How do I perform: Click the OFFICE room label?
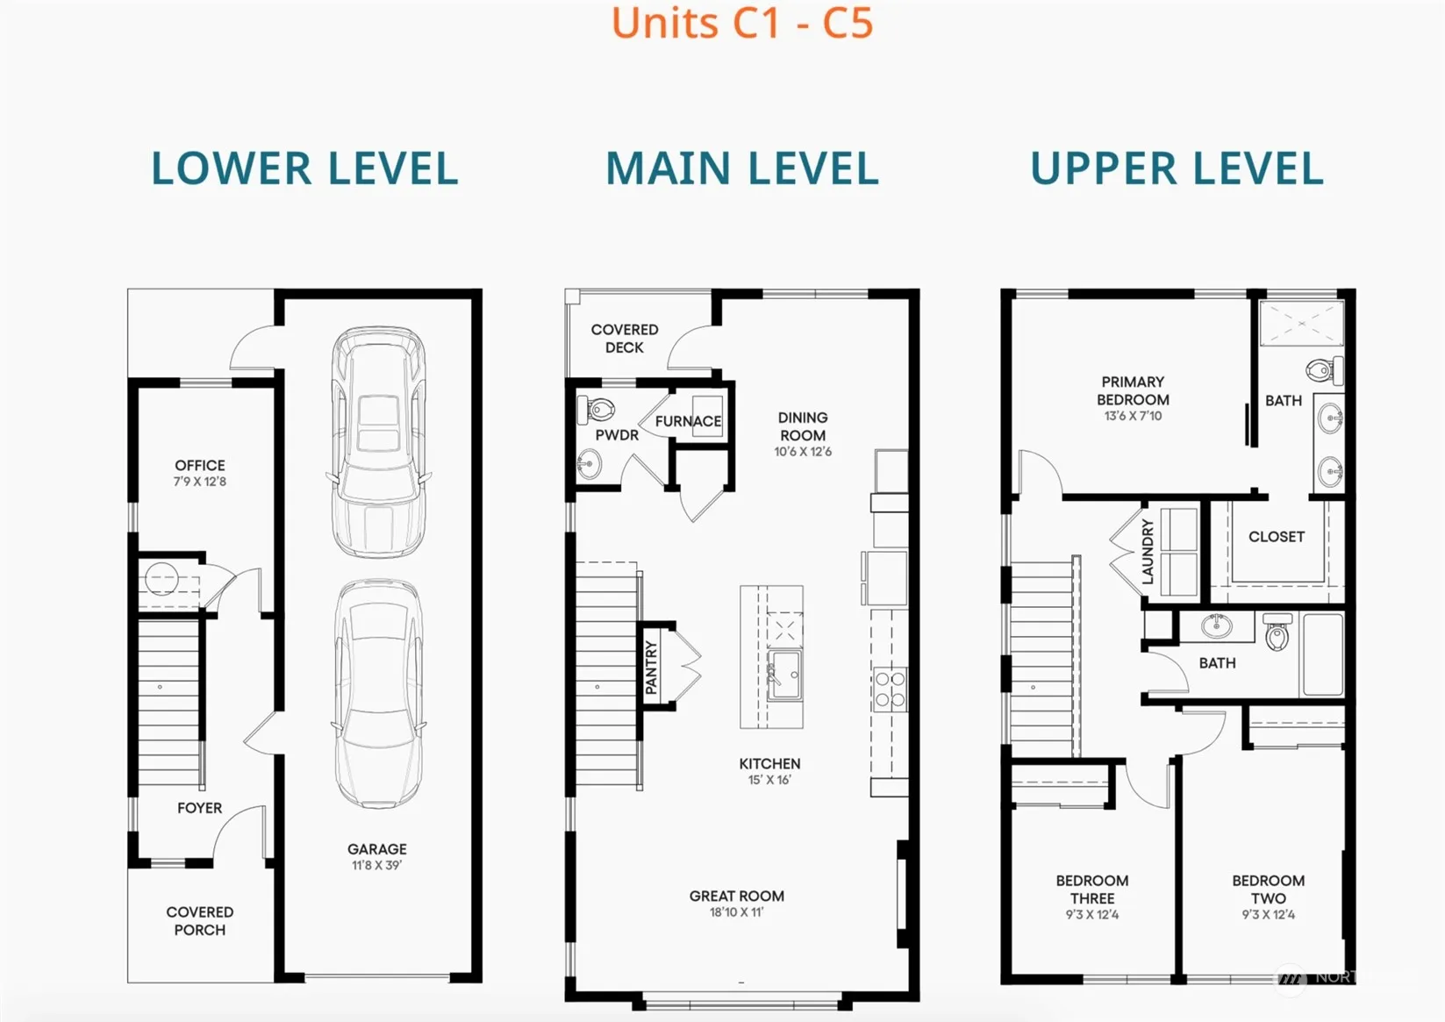pos(200,465)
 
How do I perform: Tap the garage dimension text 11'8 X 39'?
pos(376,865)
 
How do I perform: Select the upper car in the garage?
pos(379,442)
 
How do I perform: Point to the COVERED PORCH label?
pos(200,921)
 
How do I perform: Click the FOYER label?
pos(200,808)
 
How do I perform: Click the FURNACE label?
pos(689,421)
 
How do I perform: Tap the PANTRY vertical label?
pos(651,667)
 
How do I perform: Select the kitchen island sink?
pos(784,675)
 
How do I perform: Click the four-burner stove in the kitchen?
pos(890,690)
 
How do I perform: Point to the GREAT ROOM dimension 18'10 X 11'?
pos(737,912)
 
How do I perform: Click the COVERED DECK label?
pos(625,338)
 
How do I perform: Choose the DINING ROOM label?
pos(803,426)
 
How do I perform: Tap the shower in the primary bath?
pos(1302,323)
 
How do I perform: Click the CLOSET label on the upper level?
pos(1277,537)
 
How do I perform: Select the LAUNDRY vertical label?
pos(1147,553)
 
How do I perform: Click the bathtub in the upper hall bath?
pos(1322,654)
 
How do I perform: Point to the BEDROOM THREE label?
pos(1092,889)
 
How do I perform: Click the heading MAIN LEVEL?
pos(742,168)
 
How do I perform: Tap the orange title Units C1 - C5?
pos(742,23)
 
